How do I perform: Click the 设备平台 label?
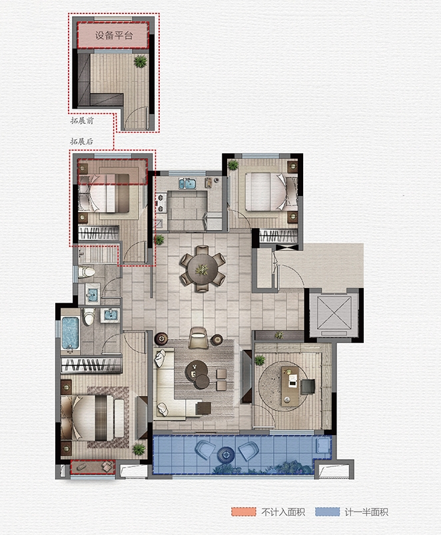point(113,35)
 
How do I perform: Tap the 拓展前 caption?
point(82,121)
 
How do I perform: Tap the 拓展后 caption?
point(81,141)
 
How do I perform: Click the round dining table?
point(203,268)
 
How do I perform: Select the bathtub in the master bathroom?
point(71,333)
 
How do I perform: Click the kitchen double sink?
point(187,184)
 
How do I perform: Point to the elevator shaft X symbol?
point(334,312)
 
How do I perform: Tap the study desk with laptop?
point(290,386)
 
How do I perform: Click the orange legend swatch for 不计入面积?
point(244,512)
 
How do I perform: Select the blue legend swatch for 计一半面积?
point(328,512)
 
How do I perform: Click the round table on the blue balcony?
point(226,454)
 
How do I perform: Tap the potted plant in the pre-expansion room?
point(140,61)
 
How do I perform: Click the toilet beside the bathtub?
point(89,317)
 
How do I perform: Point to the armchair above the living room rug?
point(199,338)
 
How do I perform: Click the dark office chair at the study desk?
point(308,386)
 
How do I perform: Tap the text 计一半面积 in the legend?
point(366,512)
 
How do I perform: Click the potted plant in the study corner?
point(260,360)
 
